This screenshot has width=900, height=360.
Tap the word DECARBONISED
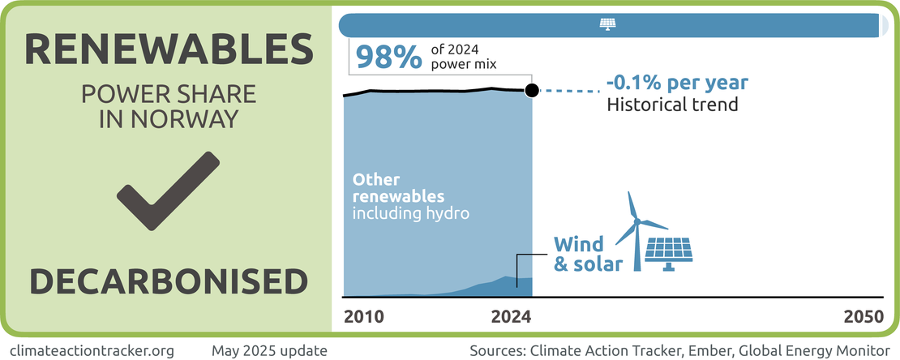pos(169,281)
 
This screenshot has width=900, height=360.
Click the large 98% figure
pos(388,57)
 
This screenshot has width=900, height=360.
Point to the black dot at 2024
pos(531,90)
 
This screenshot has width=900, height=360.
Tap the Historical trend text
pos(672,105)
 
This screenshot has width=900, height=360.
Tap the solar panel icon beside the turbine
pos(671,253)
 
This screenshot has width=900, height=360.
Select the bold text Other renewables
pos(399,188)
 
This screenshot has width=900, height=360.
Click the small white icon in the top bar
pos(607,24)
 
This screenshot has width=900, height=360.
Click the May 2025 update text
pos(269,351)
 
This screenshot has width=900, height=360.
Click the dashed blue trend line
pos(568,90)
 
